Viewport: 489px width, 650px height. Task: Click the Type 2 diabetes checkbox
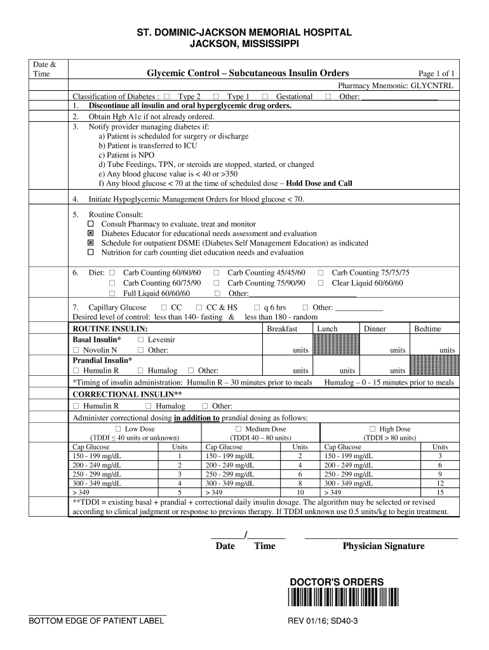(x=166, y=96)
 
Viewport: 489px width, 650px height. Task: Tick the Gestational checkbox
(x=265, y=96)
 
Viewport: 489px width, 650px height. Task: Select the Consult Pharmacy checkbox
(x=90, y=224)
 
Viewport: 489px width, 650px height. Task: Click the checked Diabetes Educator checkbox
(x=90, y=234)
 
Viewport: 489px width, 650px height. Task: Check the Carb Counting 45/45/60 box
(x=217, y=272)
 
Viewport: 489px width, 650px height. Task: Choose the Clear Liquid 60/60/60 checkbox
(x=321, y=283)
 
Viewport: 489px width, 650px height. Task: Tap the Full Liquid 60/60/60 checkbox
(x=112, y=293)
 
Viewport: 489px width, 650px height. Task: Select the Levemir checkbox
(x=140, y=340)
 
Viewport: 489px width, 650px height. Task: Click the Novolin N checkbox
(x=76, y=350)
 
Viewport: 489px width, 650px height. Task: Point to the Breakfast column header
(x=282, y=329)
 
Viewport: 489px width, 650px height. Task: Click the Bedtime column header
(x=427, y=329)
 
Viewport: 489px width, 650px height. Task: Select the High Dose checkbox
(x=373, y=429)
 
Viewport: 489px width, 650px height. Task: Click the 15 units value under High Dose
(x=440, y=492)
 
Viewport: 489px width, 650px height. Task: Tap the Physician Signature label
(x=384, y=546)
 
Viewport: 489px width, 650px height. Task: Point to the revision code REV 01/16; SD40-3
(x=323, y=621)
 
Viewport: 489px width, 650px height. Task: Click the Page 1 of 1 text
(x=436, y=74)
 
